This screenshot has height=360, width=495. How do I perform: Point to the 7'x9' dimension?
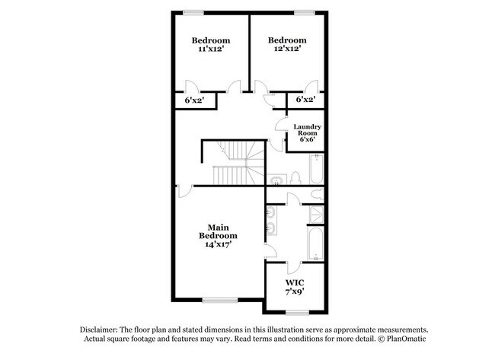tap(294, 290)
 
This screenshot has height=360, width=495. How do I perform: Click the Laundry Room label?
tap(307, 130)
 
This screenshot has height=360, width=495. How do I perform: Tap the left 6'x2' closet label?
tap(194, 100)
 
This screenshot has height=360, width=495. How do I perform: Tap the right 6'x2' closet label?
tap(305, 100)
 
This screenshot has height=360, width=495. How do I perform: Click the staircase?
tap(232, 164)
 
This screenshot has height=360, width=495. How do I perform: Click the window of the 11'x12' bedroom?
tap(193, 11)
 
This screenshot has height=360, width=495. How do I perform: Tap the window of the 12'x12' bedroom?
tap(305, 11)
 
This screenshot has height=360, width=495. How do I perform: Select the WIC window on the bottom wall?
tap(297, 312)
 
